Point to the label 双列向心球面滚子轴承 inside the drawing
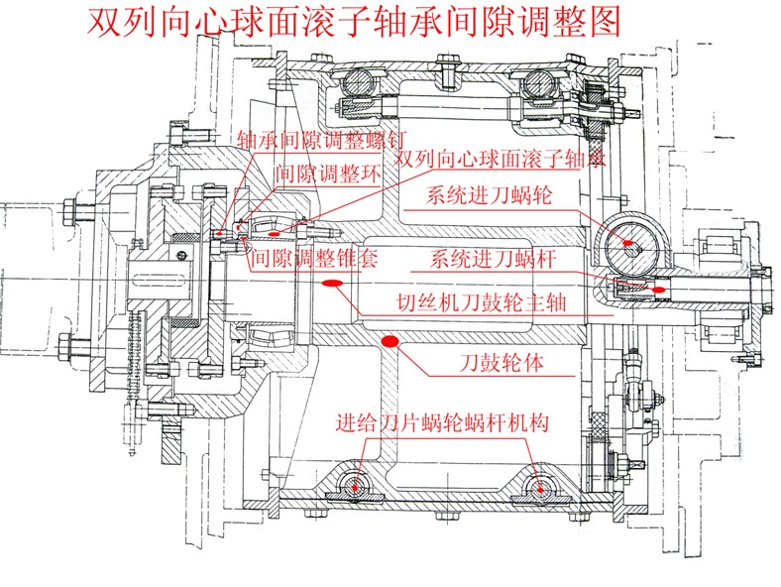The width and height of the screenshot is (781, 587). [500, 160]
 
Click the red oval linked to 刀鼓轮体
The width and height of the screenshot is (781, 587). [390, 341]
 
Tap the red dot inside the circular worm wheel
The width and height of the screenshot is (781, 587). [630, 241]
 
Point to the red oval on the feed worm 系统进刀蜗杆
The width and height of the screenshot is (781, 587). [660, 289]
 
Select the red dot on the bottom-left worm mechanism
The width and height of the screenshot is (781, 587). [356, 487]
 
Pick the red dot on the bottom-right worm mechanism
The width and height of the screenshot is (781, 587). [538, 487]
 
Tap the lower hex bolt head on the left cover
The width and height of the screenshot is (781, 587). [67, 348]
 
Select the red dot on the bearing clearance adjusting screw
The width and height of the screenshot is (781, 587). [220, 234]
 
